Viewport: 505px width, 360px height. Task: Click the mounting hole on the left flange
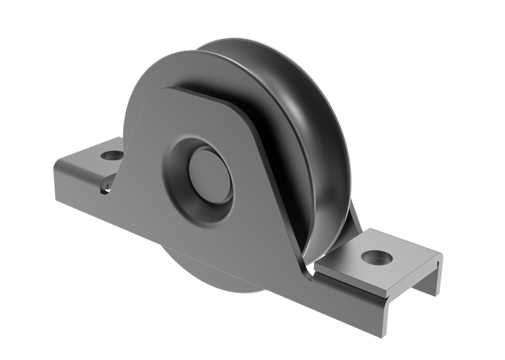[112, 156]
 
